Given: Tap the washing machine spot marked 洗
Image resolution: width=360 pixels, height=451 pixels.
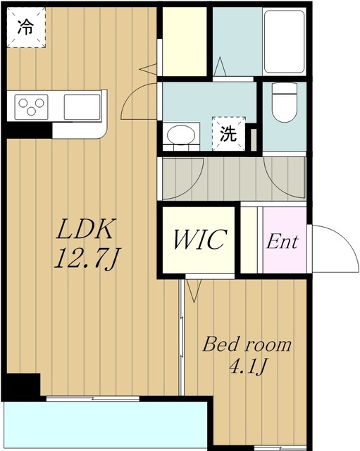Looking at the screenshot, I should pos(228,134).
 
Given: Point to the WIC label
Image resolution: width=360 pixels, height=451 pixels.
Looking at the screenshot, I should pos(199,240).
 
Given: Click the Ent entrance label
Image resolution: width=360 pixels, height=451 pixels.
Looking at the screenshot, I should pos(283,242).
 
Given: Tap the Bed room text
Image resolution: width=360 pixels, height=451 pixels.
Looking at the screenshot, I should pos(247,345).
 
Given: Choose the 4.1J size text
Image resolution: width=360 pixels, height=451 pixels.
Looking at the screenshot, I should pos(247,368).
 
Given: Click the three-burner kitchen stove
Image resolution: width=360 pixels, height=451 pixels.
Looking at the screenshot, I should pos(31,107).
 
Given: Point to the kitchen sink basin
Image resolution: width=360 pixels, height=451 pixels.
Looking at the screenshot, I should pos(82,107).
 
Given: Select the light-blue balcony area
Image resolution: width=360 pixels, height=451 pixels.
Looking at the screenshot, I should pos(106,425).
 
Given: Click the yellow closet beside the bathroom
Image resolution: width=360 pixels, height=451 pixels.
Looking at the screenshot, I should pos(185,41).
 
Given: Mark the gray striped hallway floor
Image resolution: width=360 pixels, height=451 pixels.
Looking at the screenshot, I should pos(232,178).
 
